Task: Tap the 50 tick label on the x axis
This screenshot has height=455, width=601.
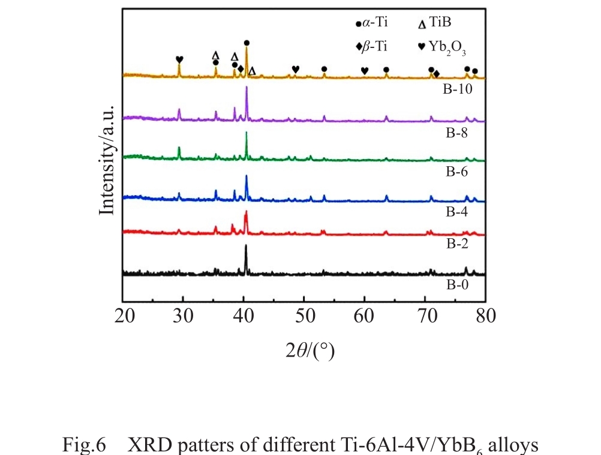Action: (304, 316)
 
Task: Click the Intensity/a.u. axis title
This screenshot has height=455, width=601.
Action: (107, 159)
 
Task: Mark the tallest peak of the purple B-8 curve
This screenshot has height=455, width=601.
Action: (247, 88)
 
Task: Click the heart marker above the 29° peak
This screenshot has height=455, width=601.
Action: (179, 59)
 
